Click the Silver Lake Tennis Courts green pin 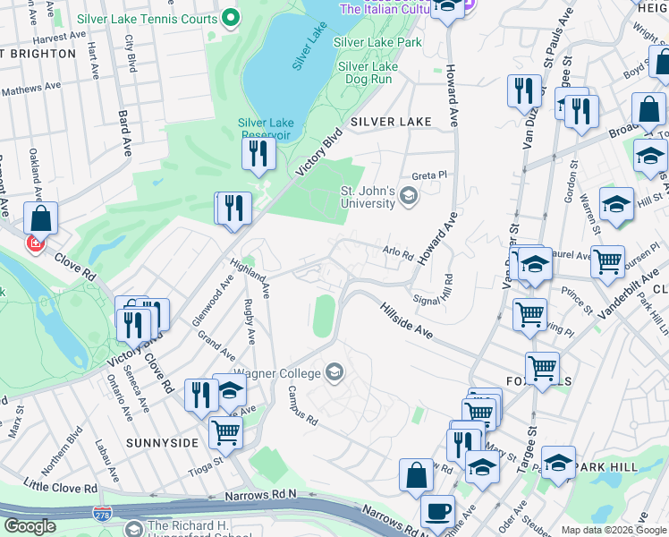click(x=231, y=18)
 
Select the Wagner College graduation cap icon click(x=334, y=372)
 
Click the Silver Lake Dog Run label click(x=368, y=72)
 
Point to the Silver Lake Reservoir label click(x=266, y=129)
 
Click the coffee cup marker click(x=437, y=511)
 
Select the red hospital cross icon click(x=36, y=243)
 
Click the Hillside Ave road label click(x=408, y=319)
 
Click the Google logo click(x=30, y=526)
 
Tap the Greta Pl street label click(x=428, y=175)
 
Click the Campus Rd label click(x=302, y=405)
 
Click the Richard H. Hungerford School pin click(x=134, y=528)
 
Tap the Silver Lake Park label click(x=377, y=42)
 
